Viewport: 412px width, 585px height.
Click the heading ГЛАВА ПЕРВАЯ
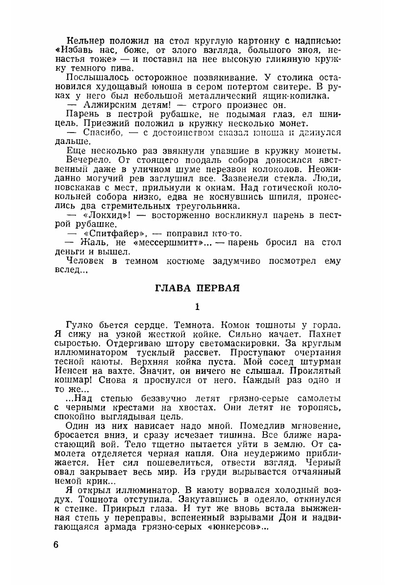tap(197, 288)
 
